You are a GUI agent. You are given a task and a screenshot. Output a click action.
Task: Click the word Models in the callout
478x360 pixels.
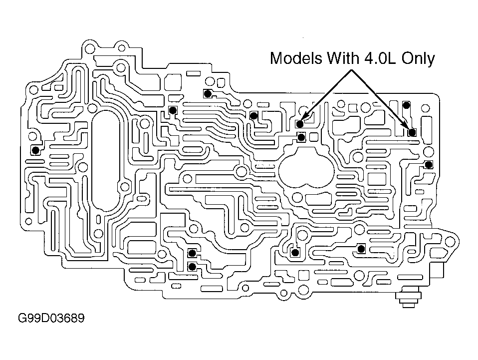[x=296, y=58]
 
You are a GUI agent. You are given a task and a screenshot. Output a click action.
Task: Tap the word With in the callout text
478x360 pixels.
[x=341, y=58]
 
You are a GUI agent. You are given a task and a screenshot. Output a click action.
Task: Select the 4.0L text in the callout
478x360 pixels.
[x=378, y=58]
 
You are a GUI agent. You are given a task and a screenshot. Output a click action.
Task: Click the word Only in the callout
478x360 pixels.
[x=418, y=58]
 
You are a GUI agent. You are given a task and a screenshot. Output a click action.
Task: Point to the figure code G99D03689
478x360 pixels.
[x=51, y=318]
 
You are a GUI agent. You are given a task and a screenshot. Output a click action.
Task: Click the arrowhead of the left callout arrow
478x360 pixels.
[x=304, y=117]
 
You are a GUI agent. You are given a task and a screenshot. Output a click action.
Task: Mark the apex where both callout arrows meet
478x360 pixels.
[x=351, y=70]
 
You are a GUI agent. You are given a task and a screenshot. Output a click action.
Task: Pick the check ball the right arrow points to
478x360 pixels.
[x=412, y=132]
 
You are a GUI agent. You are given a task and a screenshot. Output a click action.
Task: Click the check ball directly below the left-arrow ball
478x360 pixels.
[x=301, y=137]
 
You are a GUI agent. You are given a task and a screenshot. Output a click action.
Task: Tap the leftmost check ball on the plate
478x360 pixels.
[x=35, y=150]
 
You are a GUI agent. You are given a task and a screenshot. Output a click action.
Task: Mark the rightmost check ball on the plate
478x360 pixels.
[x=429, y=165]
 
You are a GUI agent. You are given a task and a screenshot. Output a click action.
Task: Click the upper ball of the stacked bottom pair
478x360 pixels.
[x=192, y=253]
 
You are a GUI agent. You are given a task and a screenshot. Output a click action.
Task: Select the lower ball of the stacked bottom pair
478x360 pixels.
[x=192, y=267]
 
